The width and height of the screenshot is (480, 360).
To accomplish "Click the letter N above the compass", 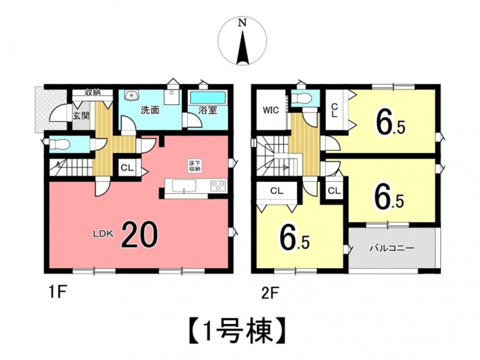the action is coord(242,23).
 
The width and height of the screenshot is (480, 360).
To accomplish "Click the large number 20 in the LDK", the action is coord(140,234).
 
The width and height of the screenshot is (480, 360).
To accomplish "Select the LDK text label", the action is coord(103,234).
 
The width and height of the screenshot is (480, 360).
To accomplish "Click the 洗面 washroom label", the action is coord(150,110).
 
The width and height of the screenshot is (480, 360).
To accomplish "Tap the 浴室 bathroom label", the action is coord(208,110).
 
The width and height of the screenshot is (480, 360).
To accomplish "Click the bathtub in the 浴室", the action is coord(208,97).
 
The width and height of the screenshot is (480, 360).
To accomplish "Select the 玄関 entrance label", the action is coord(82,116).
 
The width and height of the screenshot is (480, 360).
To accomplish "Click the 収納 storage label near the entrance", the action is coord(93,92).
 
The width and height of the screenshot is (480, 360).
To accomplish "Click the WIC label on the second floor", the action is coord(271,110).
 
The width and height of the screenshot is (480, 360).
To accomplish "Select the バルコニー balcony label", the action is coord(392,248).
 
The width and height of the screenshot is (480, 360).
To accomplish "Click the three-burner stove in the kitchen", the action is coord(218,185).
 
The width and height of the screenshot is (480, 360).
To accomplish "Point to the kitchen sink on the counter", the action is coord(184,186).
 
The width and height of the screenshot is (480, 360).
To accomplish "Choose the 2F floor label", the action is coord(270,293).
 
